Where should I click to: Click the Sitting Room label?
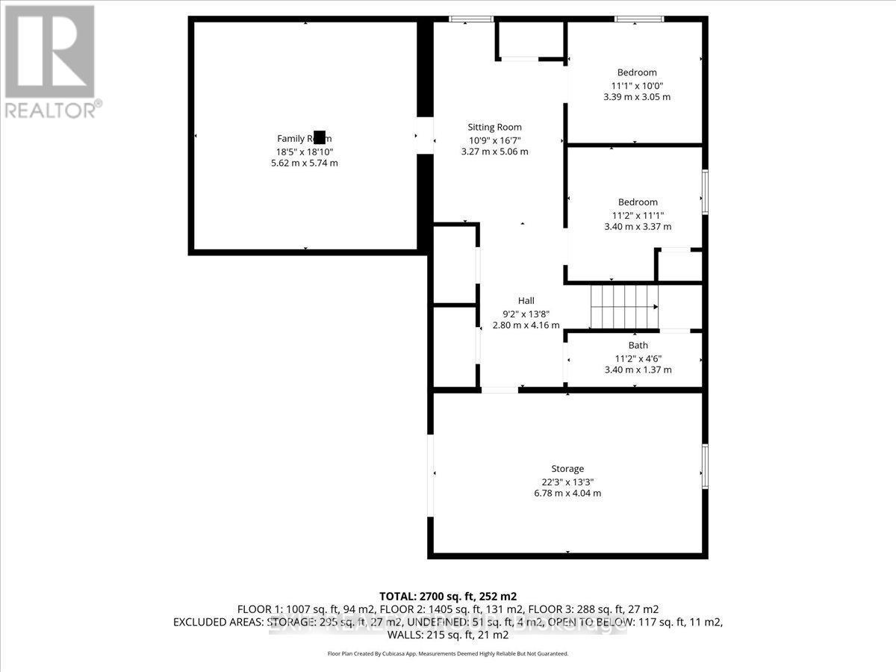pyautogui.click(x=494, y=127)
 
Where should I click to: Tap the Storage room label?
pyautogui.click(x=567, y=468)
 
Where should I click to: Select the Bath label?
pyautogui.click(x=638, y=345)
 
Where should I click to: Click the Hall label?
pyautogui.click(x=526, y=300)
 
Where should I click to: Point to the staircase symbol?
pyautogui.click(x=623, y=306)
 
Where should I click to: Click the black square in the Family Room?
pyautogui.click(x=320, y=137)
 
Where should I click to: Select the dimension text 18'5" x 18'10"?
pyautogui.click(x=304, y=151)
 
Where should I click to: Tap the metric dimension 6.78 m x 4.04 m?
pyautogui.click(x=567, y=493)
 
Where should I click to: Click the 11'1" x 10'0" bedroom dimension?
pyautogui.click(x=637, y=84)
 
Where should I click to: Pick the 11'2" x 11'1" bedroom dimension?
pyautogui.click(x=638, y=214)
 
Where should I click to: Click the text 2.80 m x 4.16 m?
pyautogui.click(x=526, y=325)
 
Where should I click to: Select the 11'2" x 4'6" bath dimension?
pyautogui.click(x=638, y=358)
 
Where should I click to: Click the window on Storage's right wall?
pyautogui.click(x=705, y=467)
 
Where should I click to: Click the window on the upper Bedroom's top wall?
pyautogui.click(x=638, y=19)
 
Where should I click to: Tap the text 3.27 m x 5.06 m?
pyautogui.click(x=494, y=152)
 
